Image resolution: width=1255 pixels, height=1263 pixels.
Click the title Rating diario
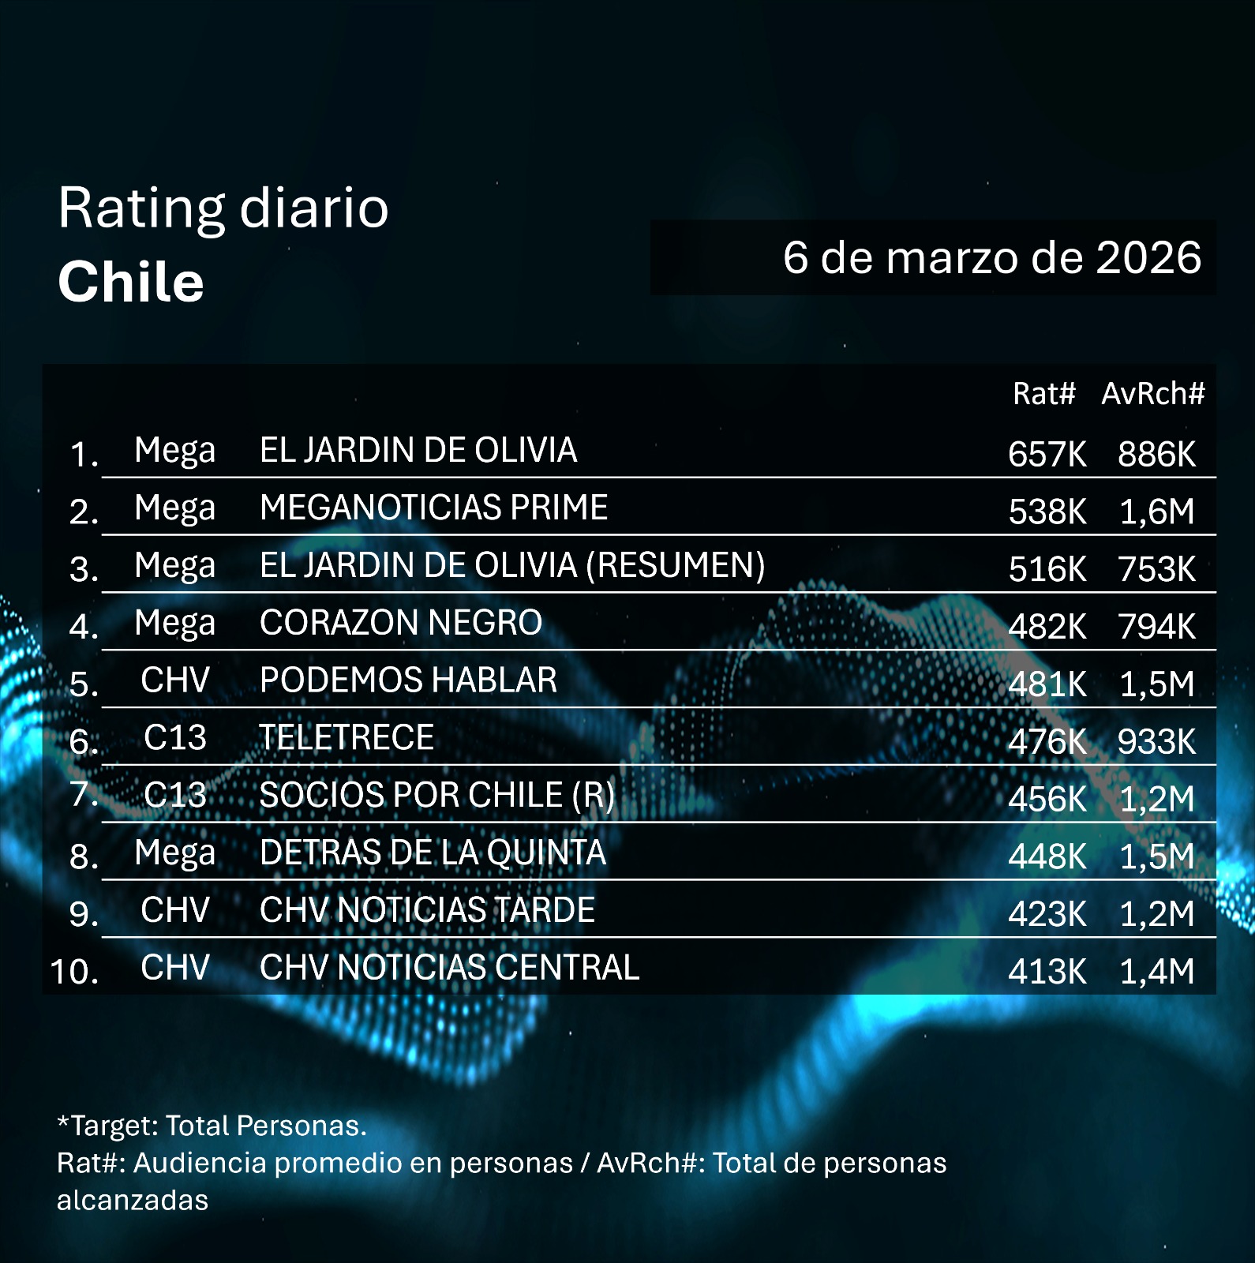pyautogui.click(x=223, y=208)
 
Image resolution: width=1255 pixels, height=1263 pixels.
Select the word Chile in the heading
pyautogui.click(x=131, y=282)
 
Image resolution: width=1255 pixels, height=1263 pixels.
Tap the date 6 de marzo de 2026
pyautogui.click(x=991, y=257)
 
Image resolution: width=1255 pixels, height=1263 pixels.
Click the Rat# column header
pyautogui.click(x=1043, y=393)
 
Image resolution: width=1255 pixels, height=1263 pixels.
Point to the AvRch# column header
pyautogui.click(x=1152, y=393)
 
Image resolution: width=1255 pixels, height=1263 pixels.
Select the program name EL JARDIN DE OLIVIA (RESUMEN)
pyautogui.click(x=512, y=565)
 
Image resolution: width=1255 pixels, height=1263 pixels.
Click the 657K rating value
pyautogui.click(x=1047, y=454)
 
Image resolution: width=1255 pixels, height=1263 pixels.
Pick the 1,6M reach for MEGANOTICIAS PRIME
pyautogui.click(x=1156, y=512)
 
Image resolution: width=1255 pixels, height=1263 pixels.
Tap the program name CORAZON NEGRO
pyautogui.click(x=401, y=623)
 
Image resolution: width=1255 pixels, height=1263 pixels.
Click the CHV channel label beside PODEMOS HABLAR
pyautogui.click(x=175, y=680)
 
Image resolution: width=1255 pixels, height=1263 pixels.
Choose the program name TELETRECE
pyautogui.click(x=347, y=738)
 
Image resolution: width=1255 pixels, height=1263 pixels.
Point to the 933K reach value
pyautogui.click(x=1156, y=741)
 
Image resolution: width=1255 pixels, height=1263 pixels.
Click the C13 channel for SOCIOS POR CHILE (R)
pyautogui.click(x=175, y=795)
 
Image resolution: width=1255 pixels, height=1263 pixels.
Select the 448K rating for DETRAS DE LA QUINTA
pyautogui.click(x=1047, y=856)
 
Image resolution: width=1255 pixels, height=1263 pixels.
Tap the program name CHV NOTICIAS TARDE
pyautogui.click(x=427, y=910)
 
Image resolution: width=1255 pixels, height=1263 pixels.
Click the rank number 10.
pyautogui.click(x=74, y=971)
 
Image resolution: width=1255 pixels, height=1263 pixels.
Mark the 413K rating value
pyautogui.click(x=1047, y=971)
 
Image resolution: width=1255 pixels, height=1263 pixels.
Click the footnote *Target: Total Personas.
pyautogui.click(x=212, y=1126)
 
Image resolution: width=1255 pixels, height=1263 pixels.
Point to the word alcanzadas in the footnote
pyautogui.click(x=133, y=1200)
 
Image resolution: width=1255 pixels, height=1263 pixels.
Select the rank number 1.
pyautogui.click(x=83, y=455)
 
